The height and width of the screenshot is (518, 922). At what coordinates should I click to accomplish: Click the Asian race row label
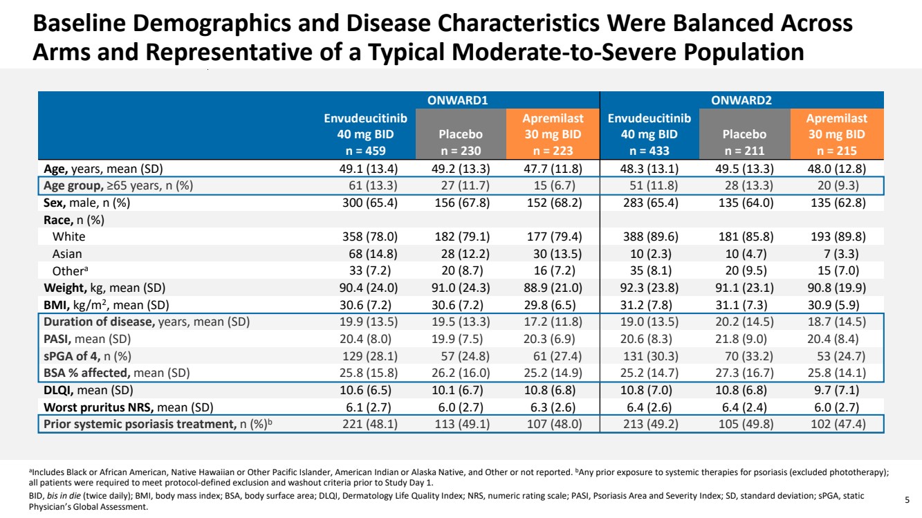click(68, 254)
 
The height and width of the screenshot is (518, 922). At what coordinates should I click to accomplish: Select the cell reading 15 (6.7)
click(559, 185)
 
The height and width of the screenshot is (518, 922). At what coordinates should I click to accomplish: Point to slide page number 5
click(907, 496)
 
